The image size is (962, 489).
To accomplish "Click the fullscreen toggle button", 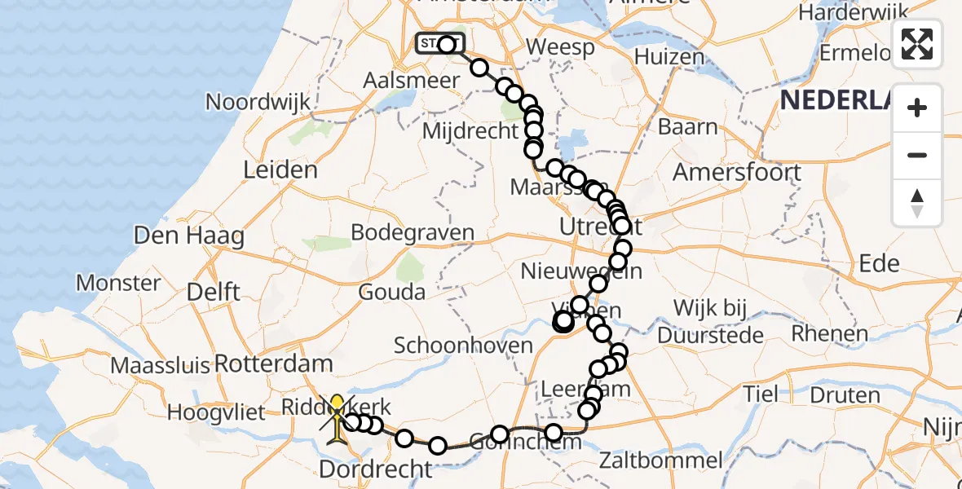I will coord(917,44).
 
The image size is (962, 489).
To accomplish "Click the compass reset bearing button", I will coord(917,203).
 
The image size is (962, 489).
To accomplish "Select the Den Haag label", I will coord(189,236).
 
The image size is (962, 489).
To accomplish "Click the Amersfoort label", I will coord(738,173).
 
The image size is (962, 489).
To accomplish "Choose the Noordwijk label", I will coord(258,102).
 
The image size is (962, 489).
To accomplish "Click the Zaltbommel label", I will coord(660,460).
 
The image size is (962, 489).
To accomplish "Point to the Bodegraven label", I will coord(413,232).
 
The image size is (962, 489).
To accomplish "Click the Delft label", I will coord(213,292).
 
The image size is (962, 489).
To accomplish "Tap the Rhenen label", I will coord(830,334).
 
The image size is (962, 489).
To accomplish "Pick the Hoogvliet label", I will coord(217,412).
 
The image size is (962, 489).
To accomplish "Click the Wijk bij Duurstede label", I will coord(708,321).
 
